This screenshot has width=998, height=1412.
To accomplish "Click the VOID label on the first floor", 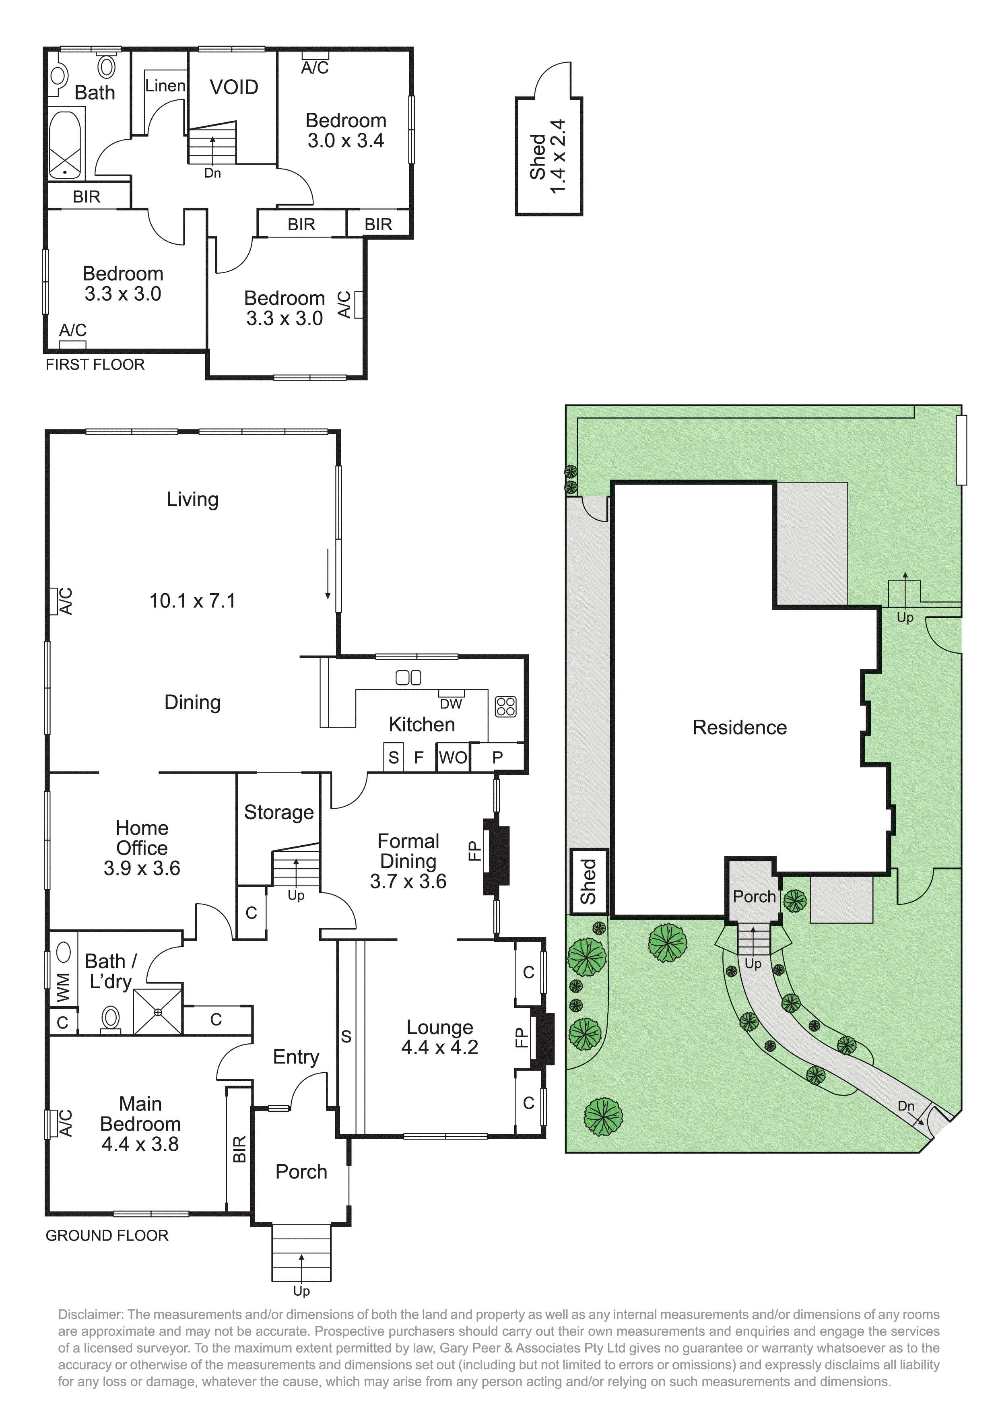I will click(234, 87).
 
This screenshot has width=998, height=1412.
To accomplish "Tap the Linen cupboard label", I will click(165, 86).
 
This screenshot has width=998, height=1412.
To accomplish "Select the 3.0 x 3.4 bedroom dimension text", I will click(346, 141).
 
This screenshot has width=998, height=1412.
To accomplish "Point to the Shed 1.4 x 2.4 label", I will click(547, 157).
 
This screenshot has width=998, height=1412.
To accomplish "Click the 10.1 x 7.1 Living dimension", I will click(192, 601).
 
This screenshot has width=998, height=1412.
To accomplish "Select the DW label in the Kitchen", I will click(451, 704).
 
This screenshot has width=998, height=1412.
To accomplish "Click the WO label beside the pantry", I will click(453, 758).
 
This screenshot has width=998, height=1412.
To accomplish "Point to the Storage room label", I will click(278, 812).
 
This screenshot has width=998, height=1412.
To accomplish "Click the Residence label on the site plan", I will click(739, 727).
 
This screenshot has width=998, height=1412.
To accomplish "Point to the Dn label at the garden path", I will click(906, 1106).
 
